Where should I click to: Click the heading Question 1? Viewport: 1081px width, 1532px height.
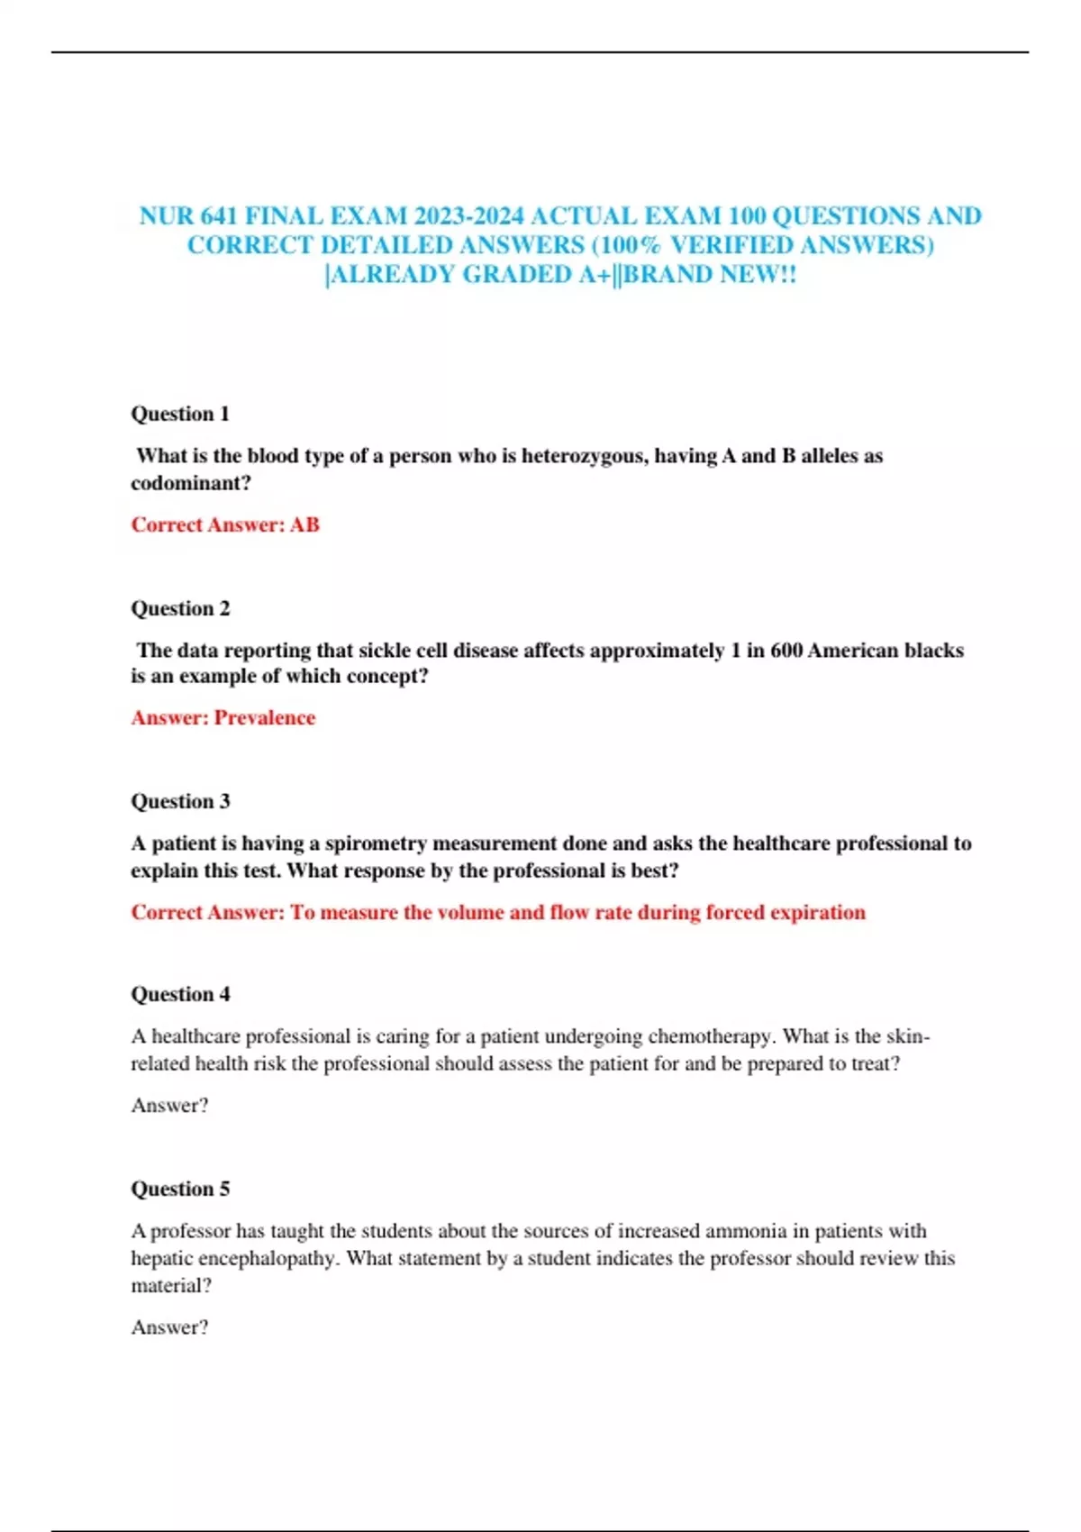180,414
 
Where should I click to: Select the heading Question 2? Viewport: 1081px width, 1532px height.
180,608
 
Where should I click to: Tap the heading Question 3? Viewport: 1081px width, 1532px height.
180,801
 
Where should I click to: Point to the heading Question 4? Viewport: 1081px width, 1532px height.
180,994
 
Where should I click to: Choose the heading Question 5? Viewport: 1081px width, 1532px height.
180,1189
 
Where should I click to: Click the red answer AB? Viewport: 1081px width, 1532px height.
304,524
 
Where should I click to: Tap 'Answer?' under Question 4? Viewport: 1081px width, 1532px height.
169,1105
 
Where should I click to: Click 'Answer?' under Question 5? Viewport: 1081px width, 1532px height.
169,1327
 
